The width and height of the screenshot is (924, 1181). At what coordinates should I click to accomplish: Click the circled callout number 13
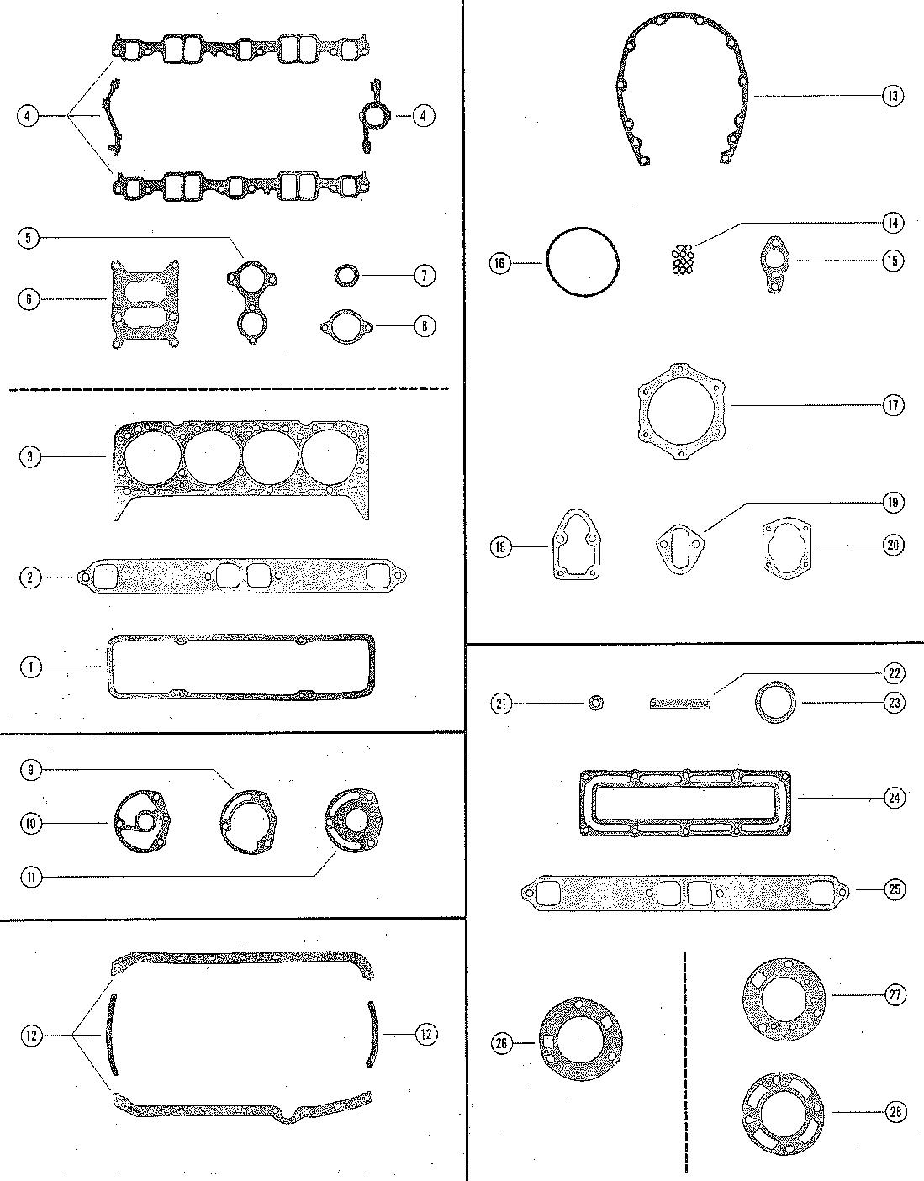pos(892,96)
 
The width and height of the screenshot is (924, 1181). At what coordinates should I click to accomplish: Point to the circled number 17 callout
pos(892,405)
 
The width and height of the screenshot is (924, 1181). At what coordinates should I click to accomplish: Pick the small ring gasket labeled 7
pos(346,275)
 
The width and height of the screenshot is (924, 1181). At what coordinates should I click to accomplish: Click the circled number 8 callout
pos(425,326)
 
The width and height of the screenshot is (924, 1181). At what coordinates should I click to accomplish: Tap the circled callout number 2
pos(29,577)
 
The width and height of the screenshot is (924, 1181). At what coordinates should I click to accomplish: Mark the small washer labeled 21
pos(596,703)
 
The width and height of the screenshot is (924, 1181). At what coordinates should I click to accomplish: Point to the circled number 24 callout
pos(892,798)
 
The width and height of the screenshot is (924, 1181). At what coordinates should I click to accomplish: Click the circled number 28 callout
pos(892,1112)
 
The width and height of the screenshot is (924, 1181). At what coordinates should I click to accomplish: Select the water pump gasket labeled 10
pos(140,821)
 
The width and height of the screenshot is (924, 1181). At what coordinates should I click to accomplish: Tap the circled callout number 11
pos(29,877)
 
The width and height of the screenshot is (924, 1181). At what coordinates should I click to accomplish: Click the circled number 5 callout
pos(29,239)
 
